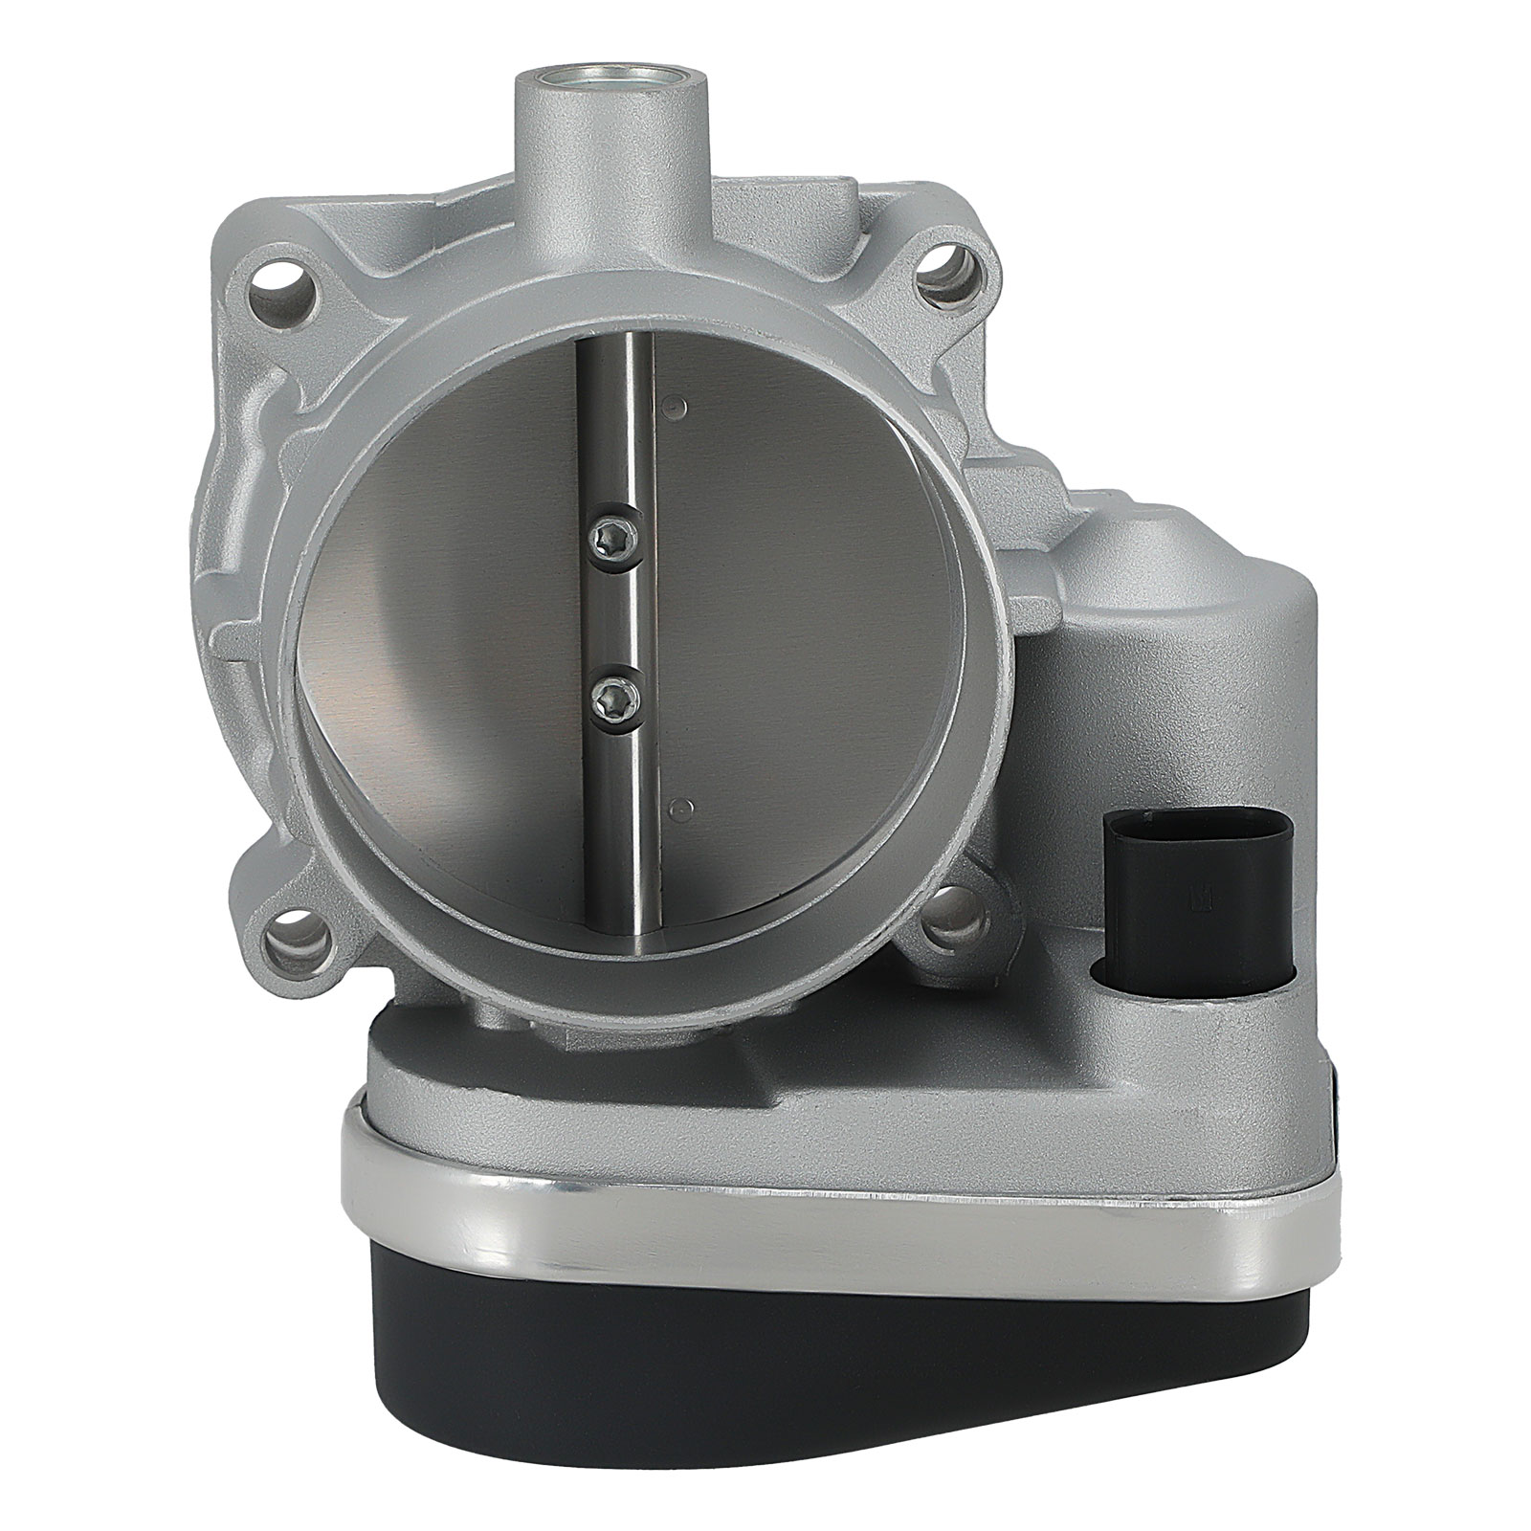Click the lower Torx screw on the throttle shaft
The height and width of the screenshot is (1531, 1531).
click(606, 687)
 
